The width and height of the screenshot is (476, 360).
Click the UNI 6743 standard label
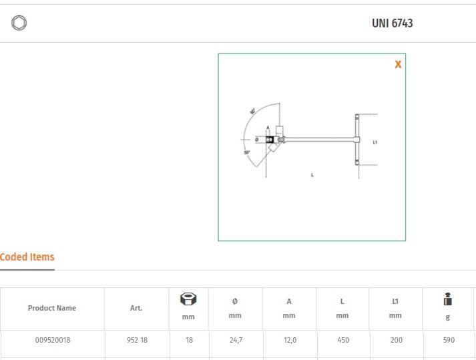[x=392, y=23]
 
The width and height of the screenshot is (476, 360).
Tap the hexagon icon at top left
[x=19, y=23]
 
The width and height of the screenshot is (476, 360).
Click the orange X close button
[x=398, y=65]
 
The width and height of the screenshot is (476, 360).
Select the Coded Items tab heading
[x=27, y=257]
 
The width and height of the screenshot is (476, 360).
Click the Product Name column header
[x=52, y=309]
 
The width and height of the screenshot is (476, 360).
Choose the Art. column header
[x=136, y=309]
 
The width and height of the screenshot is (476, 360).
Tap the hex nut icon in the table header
[x=188, y=299]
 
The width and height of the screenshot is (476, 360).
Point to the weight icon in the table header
[x=448, y=301]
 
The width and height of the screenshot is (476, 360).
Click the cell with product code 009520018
[x=53, y=340]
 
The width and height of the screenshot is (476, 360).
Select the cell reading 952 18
[x=137, y=340]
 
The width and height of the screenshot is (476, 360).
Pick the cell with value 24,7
[x=235, y=340]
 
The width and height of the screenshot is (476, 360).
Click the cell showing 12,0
[x=288, y=340]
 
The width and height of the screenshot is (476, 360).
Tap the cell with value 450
[x=342, y=340]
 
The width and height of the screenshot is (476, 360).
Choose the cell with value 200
[x=395, y=340]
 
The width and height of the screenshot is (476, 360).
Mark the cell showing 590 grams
[x=449, y=340]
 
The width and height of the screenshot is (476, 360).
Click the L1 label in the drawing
[x=375, y=142]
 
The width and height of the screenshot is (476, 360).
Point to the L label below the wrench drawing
[x=312, y=175]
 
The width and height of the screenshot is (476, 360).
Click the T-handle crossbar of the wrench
[x=357, y=140]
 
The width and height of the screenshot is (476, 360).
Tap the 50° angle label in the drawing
[x=247, y=153]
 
